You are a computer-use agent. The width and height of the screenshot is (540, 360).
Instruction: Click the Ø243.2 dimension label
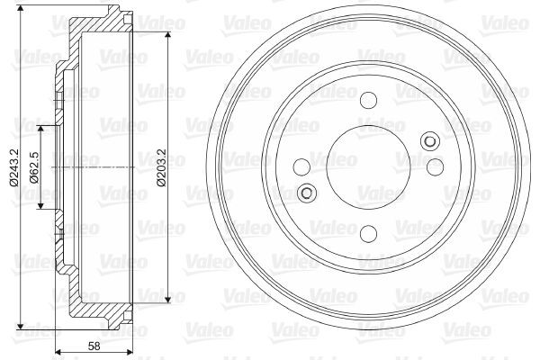[x=13, y=167]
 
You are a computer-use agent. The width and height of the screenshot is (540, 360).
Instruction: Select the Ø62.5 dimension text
[x=34, y=167]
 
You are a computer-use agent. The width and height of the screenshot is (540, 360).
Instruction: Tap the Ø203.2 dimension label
[x=161, y=167]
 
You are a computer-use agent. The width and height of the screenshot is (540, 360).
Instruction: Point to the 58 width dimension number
[x=94, y=346]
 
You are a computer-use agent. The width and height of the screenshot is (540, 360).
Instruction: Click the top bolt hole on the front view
[x=368, y=100]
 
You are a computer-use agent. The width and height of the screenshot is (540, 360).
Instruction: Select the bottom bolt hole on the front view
[x=368, y=233]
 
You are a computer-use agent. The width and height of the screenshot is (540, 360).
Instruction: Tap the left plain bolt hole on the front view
[x=301, y=167]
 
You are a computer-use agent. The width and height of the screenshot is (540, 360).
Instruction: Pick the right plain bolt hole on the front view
[x=435, y=167]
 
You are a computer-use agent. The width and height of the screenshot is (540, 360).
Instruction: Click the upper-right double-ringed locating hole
[x=430, y=141]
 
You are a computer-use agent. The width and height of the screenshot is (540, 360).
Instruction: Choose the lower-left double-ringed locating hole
[x=307, y=193]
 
